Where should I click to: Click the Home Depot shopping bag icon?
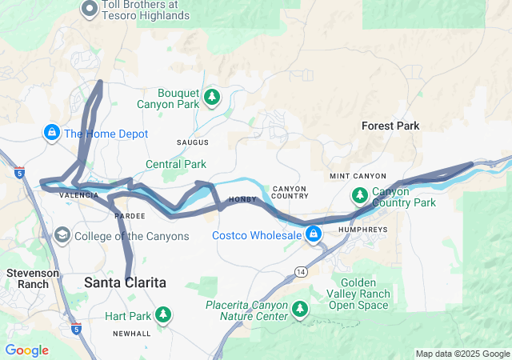click(x=51, y=131)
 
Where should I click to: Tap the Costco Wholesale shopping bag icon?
click(x=314, y=234)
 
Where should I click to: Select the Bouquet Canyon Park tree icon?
click(x=212, y=98)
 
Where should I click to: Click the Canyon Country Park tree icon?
click(x=360, y=195)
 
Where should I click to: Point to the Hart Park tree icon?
click(x=163, y=314)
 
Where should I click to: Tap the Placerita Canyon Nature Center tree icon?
click(x=300, y=309)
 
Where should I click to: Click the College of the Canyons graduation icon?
click(x=62, y=235)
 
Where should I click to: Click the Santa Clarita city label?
click(x=126, y=282)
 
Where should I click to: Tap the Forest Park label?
click(x=390, y=126)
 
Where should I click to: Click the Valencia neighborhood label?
click(x=79, y=195)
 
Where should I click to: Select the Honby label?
click(x=242, y=200)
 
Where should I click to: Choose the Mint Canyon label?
click(x=358, y=176)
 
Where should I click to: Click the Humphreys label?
click(x=364, y=229)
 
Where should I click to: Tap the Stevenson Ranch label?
click(x=33, y=278)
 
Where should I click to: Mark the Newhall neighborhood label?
click(x=130, y=334)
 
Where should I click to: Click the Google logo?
click(x=27, y=350)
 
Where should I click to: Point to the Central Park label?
click(x=175, y=164)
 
